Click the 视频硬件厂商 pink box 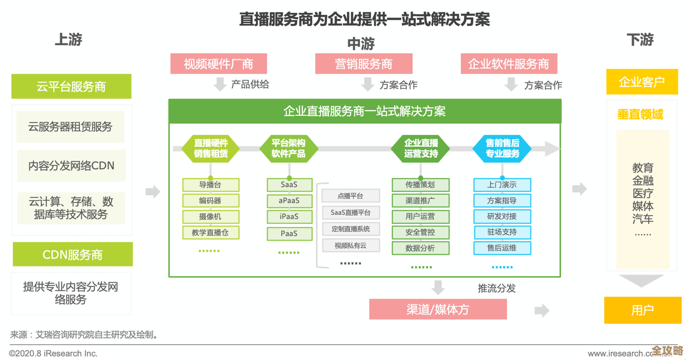point(218,64)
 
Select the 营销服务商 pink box point(363,64)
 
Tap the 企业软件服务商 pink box point(508,64)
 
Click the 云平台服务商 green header point(71,86)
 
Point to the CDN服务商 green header point(72,254)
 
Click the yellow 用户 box point(642,310)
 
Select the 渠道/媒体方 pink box point(438,309)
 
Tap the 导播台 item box point(210,185)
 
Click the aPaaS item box point(289,200)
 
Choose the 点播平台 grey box point(350,196)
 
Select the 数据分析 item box point(420,248)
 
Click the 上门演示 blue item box point(502,185)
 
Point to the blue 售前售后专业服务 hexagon point(502,148)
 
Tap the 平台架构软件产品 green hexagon point(289,148)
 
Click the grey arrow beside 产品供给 point(220,84)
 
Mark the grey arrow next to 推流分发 point(437,287)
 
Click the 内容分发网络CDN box point(71,166)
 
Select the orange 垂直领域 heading point(640,114)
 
